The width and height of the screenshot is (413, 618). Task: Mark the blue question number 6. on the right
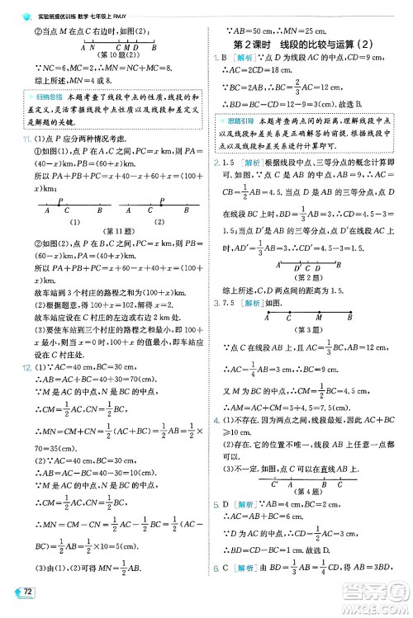coord(215,591)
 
